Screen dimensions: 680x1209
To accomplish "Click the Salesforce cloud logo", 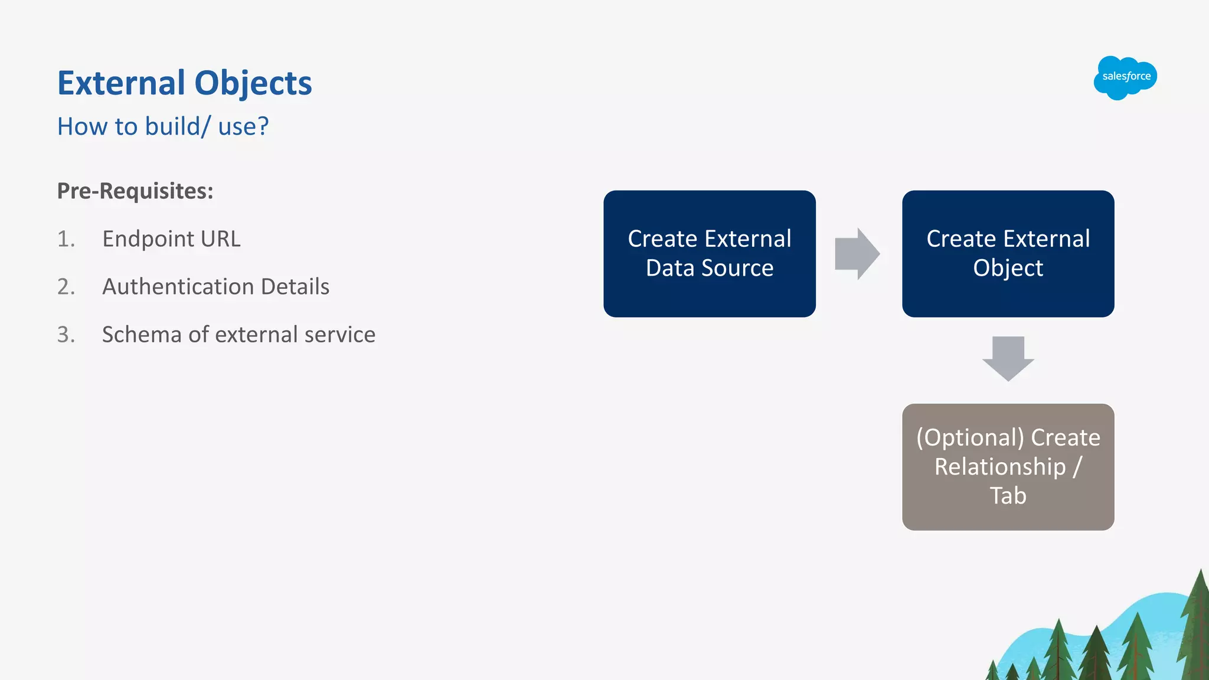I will coord(1125,77).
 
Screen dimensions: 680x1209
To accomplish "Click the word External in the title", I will coord(121,83).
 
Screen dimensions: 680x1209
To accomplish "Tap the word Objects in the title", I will coord(253,83).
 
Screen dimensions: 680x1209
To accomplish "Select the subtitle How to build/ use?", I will coord(163,126).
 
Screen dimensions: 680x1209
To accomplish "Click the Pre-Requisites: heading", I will coord(135,191).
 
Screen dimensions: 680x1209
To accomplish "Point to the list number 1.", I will coord(66,239).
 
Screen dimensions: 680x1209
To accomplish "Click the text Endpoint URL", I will coord(171,239).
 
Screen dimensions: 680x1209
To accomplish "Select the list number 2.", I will coord(66,287).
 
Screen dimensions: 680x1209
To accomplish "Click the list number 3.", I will coord(66,335).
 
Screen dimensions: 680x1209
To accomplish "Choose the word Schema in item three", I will coord(142,335).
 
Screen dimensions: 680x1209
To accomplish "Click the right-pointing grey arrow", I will coord(857,254).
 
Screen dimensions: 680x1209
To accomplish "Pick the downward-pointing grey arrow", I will coord(1008,358).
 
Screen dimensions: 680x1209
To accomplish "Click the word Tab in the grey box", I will coord(1008,496).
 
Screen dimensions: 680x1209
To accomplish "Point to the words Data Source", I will coord(709,268).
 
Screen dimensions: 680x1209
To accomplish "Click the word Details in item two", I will coord(295,287).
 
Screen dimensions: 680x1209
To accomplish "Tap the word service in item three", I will coord(339,335).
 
